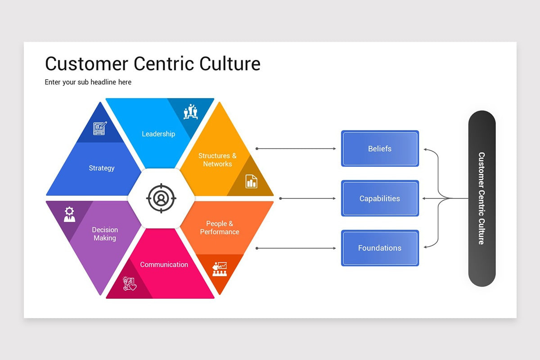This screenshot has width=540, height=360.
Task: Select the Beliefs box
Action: click(380, 148)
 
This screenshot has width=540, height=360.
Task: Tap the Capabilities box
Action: click(380, 198)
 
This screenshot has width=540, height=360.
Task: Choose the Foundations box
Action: click(380, 248)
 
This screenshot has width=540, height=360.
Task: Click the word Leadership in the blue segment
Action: click(158, 134)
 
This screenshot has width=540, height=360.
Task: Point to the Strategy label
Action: click(102, 168)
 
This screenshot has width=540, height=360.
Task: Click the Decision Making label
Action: click(104, 234)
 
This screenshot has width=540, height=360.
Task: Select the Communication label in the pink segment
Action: click(164, 265)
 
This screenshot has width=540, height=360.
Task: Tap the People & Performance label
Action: click(220, 228)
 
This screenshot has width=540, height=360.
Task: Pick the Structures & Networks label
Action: click(217, 160)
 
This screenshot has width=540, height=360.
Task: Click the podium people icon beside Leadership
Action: click(190, 112)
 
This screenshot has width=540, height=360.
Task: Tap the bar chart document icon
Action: click(251, 181)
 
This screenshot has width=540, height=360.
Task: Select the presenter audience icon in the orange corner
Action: click(220, 269)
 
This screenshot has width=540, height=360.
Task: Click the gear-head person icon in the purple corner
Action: click(69, 214)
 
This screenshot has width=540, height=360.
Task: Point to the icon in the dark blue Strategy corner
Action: click(100, 128)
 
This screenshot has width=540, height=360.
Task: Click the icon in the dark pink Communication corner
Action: click(129, 283)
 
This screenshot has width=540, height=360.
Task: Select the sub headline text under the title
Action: click(88, 82)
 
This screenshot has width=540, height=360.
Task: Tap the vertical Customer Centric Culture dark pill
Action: click(481, 198)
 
